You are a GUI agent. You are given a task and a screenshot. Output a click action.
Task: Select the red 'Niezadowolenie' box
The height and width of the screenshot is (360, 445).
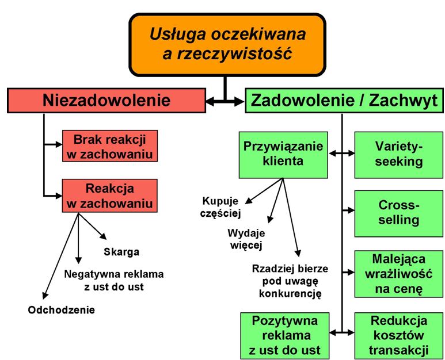107,101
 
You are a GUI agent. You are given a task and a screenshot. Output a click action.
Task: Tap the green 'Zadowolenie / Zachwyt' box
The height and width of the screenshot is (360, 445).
344,101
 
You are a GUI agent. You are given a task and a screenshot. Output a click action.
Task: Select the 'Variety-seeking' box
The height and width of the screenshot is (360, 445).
398,154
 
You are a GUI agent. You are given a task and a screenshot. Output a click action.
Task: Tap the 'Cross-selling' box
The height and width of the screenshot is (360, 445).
398,212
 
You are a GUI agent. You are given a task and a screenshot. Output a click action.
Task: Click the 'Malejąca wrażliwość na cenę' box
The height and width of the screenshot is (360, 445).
398,273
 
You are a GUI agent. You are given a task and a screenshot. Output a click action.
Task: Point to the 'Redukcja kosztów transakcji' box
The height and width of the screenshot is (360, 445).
398,334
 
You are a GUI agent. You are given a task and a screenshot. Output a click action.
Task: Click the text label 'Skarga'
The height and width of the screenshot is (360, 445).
121,251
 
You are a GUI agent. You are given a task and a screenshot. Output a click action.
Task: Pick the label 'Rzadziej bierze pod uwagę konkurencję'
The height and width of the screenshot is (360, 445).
286,280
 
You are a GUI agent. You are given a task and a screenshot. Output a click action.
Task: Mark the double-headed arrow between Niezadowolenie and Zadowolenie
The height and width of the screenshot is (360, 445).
225,101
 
